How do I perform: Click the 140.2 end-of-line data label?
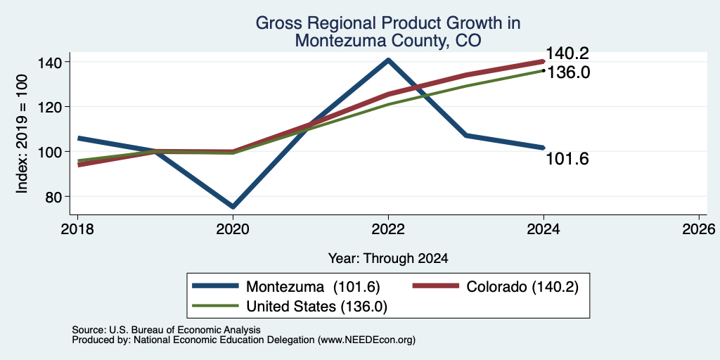tap(567, 53)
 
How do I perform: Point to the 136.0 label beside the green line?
tap(568, 72)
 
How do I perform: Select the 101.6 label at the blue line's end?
tap(567, 159)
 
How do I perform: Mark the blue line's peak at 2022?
tap(388, 60)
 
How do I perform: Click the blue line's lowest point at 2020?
tap(233, 207)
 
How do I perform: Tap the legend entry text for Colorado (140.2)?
tap(522, 287)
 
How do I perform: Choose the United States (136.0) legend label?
tap(317, 307)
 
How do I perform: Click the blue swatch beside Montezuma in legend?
tap(216, 287)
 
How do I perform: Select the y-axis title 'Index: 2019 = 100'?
tap(22, 134)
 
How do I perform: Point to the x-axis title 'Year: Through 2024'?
tap(388, 259)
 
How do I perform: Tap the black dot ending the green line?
tap(544, 71)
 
